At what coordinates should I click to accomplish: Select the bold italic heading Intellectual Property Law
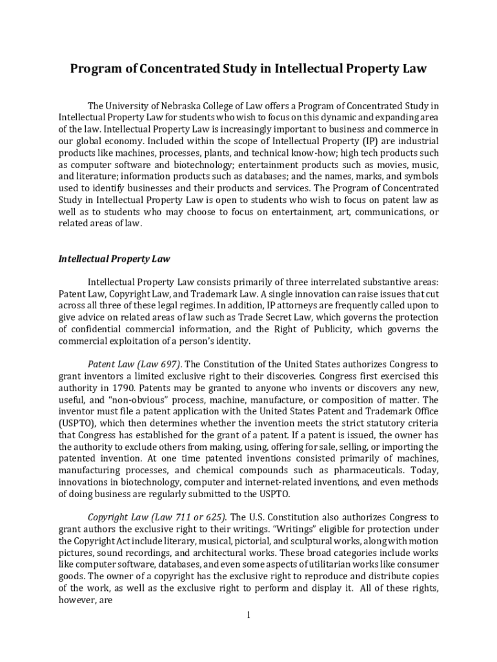point(114,259)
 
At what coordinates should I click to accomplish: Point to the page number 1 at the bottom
point(249,614)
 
